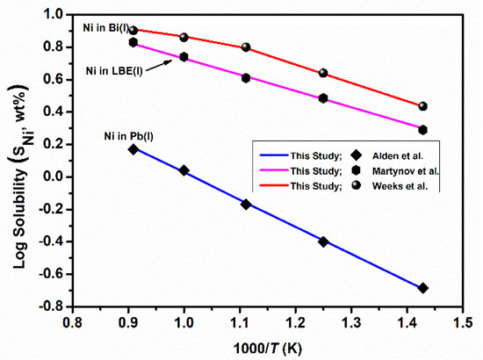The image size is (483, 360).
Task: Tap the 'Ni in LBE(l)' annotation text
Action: pyautogui.click(x=114, y=70)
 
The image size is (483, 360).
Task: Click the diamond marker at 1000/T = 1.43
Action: pyautogui.click(x=423, y=288)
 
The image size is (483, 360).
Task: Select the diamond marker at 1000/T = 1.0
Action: pyautogui.click(x=184, y=170)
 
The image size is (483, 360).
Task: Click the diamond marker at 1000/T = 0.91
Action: pyautogui.click(x=133, y=149)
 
